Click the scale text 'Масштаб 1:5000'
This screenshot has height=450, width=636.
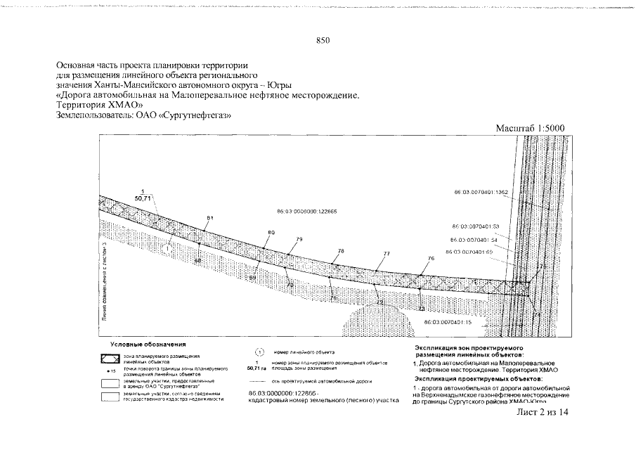tap(531, 129)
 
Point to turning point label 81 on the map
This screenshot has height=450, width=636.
tap(209, 219)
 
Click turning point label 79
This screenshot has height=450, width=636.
tap(299, 240)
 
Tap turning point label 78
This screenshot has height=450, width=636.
tap(341, 250)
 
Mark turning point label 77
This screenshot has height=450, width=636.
tap(387, 254)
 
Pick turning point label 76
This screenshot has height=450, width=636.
tap(431, 259)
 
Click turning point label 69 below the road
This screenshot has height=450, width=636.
tap(253, 278)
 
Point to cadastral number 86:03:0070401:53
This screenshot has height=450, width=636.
tap(474, 226)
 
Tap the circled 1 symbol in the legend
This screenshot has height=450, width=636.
tap(257, 352)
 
